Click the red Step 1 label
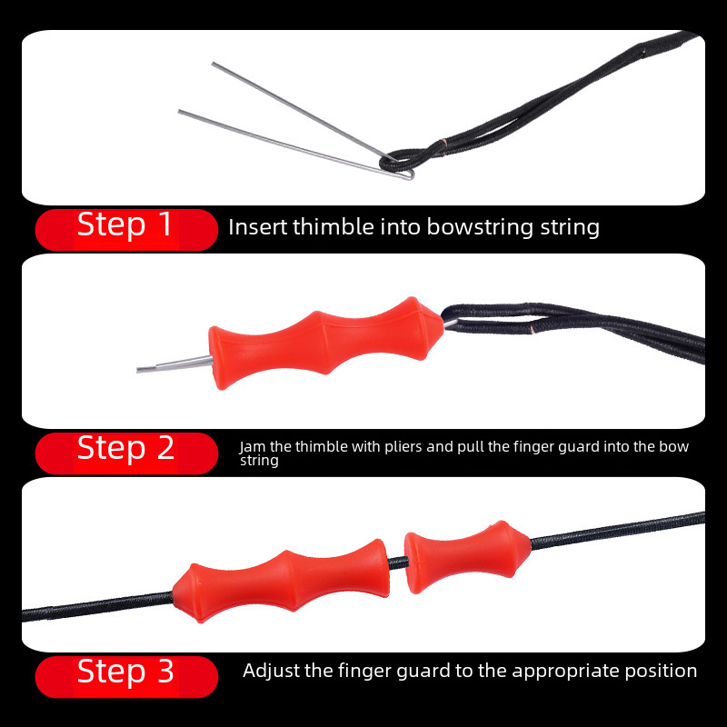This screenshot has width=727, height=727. (126, 230)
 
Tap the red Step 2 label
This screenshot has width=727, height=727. (126, 453)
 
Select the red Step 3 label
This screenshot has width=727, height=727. (126, 676)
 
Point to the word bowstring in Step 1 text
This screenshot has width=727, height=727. (480, 228)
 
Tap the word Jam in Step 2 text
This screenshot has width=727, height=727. (253, 447)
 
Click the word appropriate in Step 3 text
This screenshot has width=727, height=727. (566, 672)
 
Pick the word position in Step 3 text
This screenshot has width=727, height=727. (661, 672)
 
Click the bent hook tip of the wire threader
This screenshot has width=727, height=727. (410, 174)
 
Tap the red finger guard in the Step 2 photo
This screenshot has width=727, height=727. (325, 343)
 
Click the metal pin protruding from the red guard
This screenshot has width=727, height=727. (174, 364)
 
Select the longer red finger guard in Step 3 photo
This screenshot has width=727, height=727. (281, 582)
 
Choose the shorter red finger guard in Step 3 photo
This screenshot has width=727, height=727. (467, 556)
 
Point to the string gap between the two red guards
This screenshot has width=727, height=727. (397, 563)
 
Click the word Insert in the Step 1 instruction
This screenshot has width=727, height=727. (257, 226)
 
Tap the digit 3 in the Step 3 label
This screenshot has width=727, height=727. (165, 671)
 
